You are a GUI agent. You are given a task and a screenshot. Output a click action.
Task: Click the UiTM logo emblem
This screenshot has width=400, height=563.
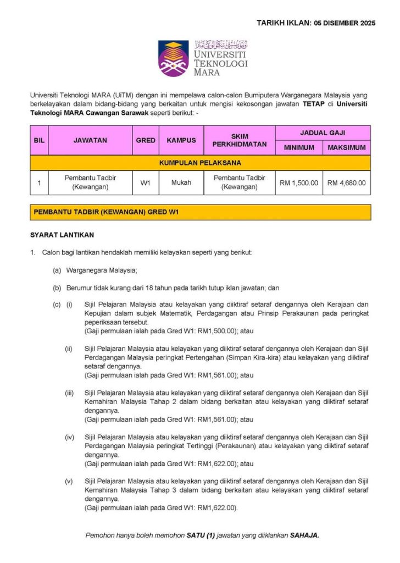point(174,58)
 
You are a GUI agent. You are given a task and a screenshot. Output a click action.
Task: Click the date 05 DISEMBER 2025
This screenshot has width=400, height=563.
point(345,23)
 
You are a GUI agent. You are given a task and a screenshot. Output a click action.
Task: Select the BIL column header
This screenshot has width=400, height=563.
point(39,140)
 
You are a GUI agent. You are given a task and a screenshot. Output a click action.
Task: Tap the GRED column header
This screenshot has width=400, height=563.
point(146,140)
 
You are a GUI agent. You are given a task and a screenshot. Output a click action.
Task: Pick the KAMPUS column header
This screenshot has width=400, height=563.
point(181,140)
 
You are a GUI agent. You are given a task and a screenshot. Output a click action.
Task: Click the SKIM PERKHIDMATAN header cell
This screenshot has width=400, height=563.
point(239,140)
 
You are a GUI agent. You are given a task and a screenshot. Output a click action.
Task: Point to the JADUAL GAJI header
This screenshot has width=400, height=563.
point(323,133)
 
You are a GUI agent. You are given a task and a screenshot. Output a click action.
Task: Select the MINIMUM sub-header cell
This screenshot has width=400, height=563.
point(299,147)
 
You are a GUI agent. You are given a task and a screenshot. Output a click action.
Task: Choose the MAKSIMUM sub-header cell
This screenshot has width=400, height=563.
point(346,147)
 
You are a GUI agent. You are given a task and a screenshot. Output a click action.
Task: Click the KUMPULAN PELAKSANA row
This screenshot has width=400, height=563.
point(200,163)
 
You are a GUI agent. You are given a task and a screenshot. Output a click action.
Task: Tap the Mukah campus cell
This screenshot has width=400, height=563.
point(181,183)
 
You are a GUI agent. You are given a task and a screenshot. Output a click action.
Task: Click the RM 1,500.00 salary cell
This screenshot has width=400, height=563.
point(299,183)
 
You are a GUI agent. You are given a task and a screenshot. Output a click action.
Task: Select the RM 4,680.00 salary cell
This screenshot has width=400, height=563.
point(346,183)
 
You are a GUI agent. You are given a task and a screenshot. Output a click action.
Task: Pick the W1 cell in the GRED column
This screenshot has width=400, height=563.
point(146,183)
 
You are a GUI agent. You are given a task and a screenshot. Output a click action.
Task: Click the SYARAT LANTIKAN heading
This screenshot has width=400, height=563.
point(62,235)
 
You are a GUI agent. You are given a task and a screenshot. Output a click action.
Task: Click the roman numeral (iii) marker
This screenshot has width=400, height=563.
point(69,393)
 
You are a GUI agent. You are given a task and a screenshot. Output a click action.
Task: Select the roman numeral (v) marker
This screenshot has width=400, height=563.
point(69,482)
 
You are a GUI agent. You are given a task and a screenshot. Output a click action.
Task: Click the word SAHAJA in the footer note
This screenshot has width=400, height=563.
point(304,535)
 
